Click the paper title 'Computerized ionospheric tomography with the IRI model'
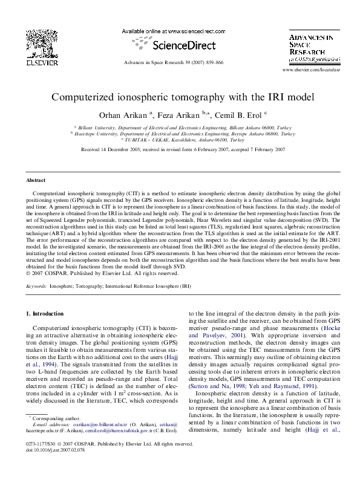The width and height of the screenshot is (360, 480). pos(180,97)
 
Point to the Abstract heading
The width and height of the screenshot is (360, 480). pos(36,180)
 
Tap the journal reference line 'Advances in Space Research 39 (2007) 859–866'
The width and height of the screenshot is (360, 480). pos(173,62)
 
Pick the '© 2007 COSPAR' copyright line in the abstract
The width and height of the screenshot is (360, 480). pos(91,273)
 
